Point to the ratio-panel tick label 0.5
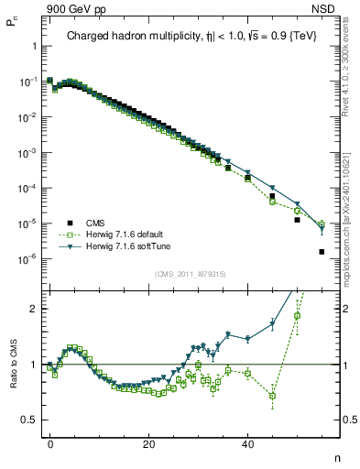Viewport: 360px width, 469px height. pyautogui.click(x=30, y=420)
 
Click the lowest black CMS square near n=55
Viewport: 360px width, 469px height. pyautogui.click(x=322, y=252)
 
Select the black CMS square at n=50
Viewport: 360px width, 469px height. pyautogui.click(x=297, y=220)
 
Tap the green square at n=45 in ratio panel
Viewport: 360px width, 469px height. pyautogui.click(x=272, y=396)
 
